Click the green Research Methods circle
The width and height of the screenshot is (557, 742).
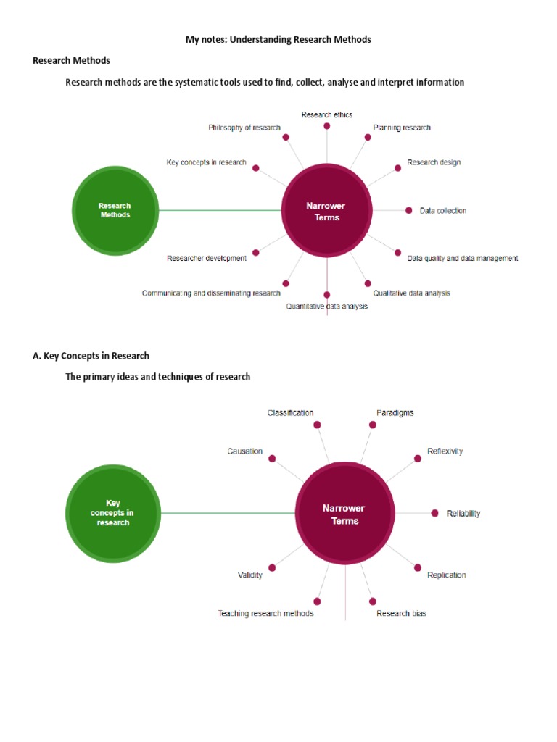(x=115, y=210)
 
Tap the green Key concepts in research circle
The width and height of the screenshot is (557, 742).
(x=112, y=512)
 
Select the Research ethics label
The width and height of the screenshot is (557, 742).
(x=326, y=114)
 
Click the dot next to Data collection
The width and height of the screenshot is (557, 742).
(x=409, y=211)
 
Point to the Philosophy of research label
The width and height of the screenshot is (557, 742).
(x=244, y=128)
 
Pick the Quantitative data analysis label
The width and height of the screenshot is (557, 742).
(x=326, y=307)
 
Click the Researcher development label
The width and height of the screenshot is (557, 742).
(x=206, y=258)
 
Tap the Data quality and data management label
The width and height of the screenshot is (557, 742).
(x=462, y=258)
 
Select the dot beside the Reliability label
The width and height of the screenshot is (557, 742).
(x=434, y=513)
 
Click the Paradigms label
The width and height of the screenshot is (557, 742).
(x=395, y=413)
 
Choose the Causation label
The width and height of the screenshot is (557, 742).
(x=244, y=451)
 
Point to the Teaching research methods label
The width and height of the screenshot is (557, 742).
(x=265, y=614)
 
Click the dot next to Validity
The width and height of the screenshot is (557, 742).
(x=272, y=567)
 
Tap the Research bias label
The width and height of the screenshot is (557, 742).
(x=401, y=614)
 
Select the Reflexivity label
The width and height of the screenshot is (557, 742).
(x=445, y=451)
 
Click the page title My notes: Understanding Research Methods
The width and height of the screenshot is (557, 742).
(x=278, y=40)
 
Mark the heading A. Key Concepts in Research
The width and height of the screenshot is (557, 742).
(x=91, y=356)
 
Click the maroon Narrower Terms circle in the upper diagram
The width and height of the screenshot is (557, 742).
(x=326, y=211)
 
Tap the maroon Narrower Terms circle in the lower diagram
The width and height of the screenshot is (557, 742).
(x=344, y=514)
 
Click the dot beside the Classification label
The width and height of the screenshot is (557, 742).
(x=317, y=425)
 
